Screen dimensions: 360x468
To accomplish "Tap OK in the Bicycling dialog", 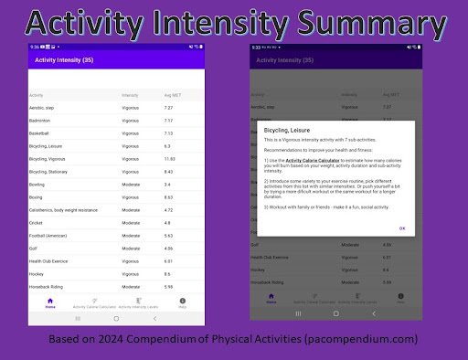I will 402,228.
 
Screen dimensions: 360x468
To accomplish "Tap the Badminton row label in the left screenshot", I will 41,120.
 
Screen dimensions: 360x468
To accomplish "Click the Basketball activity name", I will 41,132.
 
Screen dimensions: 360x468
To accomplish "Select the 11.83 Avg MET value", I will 168,158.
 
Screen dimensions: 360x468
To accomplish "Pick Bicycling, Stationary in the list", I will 49,171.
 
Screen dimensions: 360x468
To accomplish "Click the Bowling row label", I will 37,184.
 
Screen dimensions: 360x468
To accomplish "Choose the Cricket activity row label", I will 37,222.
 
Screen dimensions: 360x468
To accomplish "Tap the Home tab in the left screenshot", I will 50,303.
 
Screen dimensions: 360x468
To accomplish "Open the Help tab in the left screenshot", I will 183,303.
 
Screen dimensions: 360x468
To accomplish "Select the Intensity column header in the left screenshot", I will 130,95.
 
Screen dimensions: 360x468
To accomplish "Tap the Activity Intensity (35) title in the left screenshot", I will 64,60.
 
